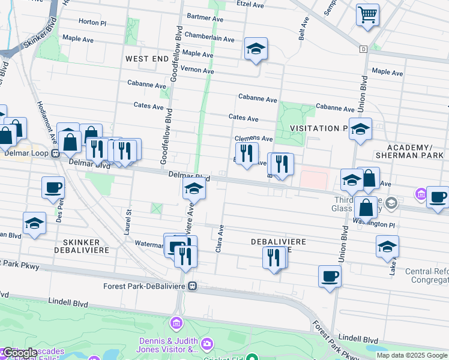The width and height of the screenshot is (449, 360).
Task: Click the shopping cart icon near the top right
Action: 367,14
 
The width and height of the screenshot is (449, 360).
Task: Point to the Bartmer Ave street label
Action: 205,17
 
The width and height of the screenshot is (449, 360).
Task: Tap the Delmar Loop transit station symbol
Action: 55,152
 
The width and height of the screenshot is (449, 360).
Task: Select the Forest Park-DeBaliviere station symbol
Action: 193,286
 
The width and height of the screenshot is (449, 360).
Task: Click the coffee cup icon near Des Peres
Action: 53,187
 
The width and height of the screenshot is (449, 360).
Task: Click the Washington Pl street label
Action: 373,224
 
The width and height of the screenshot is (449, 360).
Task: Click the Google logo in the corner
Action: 19,352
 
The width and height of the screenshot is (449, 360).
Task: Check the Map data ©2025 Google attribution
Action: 412,355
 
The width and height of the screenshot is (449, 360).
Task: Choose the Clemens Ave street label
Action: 253,139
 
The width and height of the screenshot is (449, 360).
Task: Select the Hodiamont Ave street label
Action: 53,130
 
